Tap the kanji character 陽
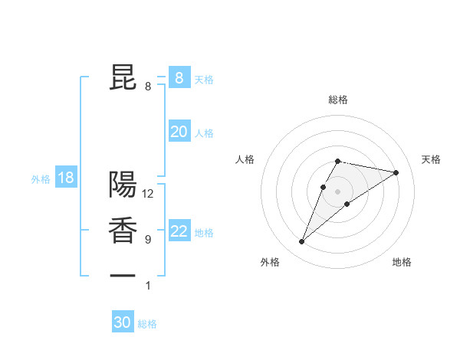pos(123,185)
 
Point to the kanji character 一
pos(123,273)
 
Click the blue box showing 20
pos(179,132)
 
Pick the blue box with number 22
pos(179,232)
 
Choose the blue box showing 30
pos(123,322)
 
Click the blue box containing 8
pos(179,77)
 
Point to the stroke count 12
pos(149,194)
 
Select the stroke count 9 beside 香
pos(148,240)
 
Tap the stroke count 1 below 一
pos(148,286)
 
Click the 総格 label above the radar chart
pos(338,100)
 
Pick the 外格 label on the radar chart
pos(269,262)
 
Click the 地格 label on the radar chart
pos(402,262)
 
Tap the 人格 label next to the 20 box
pos(204,133)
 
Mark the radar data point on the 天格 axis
pos(396,172)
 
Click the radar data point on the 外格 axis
pos(302,242)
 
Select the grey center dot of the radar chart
pos(337,191)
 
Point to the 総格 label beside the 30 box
pos(147,324)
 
